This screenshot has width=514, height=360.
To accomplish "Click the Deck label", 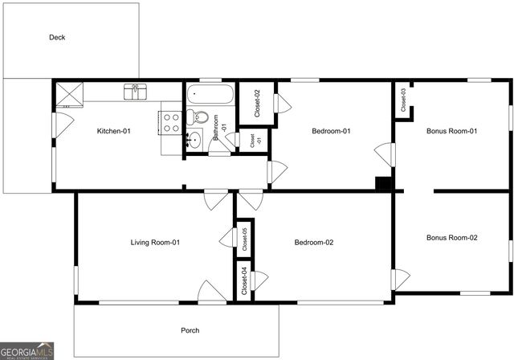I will [57, 38].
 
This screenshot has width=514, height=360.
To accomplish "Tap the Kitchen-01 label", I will [114, 131].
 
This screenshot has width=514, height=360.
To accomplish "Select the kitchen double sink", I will [135, 93].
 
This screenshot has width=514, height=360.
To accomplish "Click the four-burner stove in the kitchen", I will [171, 122].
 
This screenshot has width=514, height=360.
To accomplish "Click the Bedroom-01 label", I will [331, 131].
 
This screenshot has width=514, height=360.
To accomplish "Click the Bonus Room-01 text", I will [451, 131].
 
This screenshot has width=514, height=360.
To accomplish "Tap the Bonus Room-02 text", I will [451, 238].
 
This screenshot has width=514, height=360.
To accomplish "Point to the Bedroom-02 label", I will [314, 243].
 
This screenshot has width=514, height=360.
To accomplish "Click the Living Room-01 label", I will [155, 243].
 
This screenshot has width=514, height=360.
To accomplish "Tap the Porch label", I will [190, 330].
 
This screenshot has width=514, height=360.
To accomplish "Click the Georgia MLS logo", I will [27, 350].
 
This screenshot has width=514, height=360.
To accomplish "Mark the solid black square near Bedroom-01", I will [384, 183].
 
